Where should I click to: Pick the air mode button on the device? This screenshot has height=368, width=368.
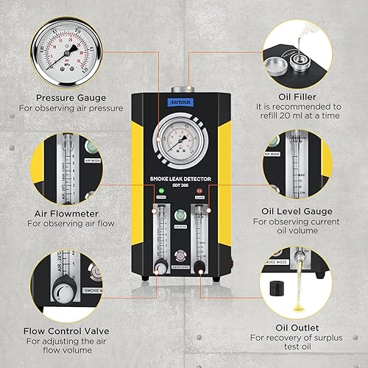[x=181, y=216]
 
